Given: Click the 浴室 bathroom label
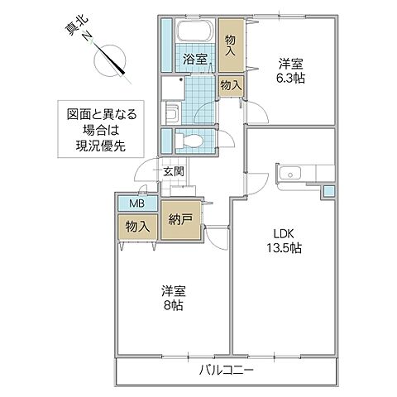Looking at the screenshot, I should [194, 60].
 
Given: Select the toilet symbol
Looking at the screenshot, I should [189, 141].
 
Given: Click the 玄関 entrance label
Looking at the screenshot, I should [174, 172].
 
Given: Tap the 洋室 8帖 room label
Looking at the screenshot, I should [173, 298].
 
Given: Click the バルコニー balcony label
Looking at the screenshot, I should [225, 368].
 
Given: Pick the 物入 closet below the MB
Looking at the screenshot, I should [136, 227].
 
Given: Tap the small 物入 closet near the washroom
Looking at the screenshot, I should [230, 84].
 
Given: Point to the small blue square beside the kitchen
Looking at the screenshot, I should [330, 192].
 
